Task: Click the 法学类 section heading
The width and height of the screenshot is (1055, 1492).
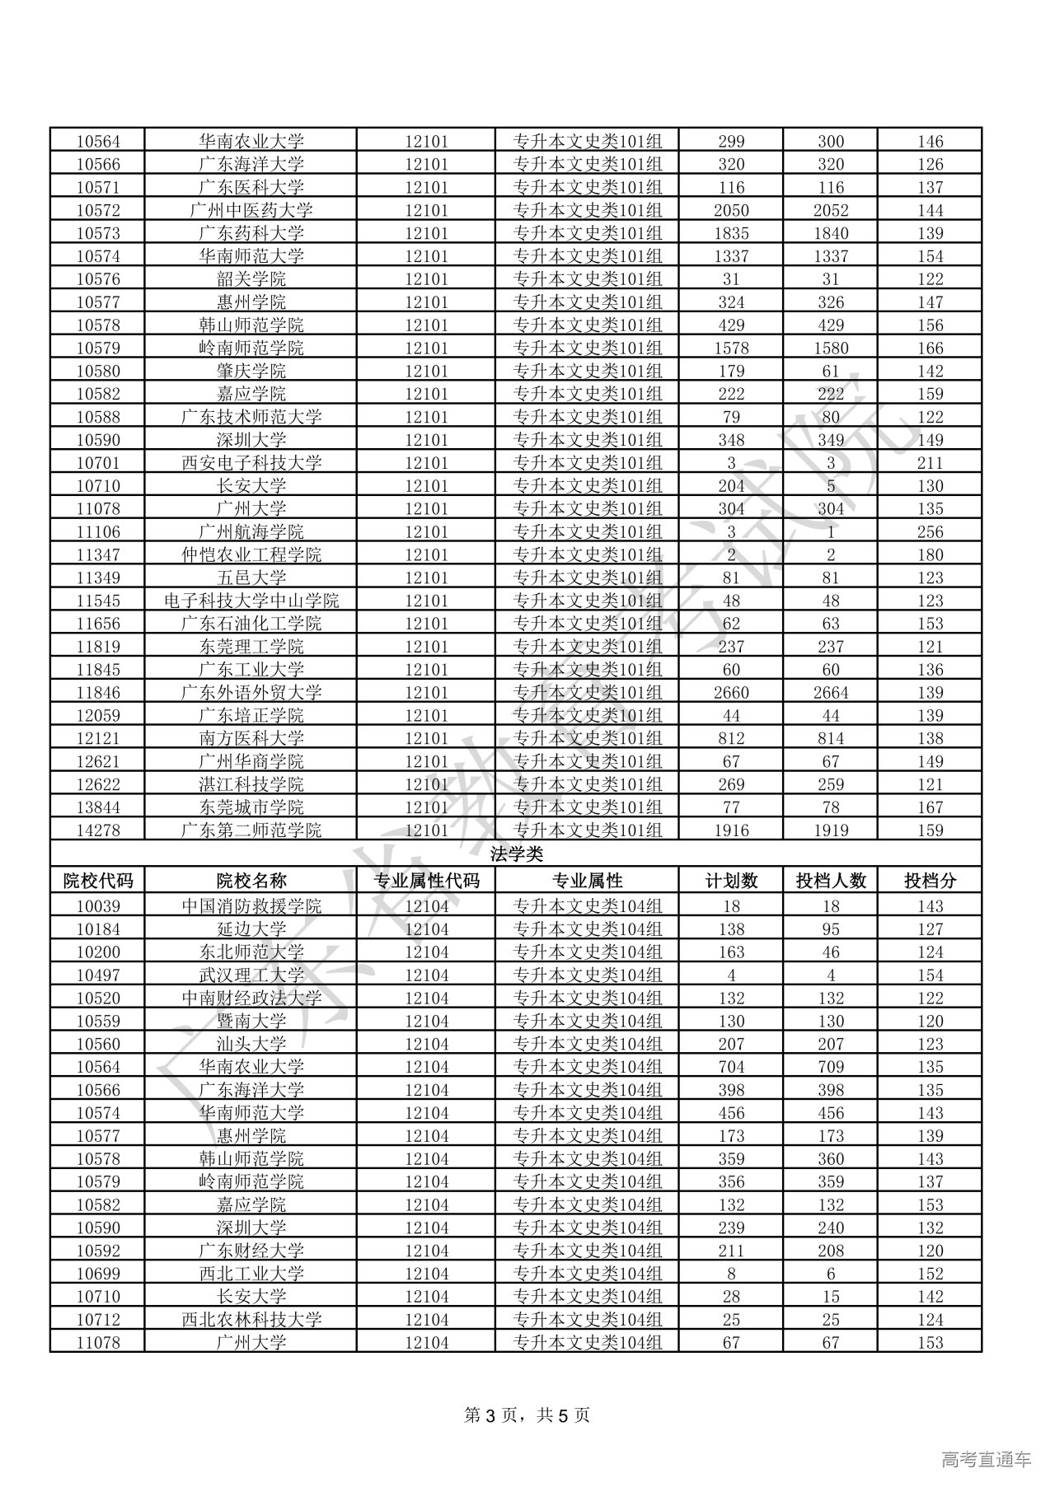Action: [x=516, y=854]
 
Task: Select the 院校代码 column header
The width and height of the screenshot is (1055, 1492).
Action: [x=97, y=881]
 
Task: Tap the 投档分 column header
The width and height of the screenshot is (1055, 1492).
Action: [x=930, y=881]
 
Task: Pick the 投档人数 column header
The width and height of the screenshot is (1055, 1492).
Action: [x=830, y=881]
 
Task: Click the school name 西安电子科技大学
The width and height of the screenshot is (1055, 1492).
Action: [x=251, y=463]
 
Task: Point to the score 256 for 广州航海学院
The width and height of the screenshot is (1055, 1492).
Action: [x=930, y=532]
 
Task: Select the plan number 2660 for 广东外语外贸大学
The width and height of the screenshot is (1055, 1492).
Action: [x=731, y=693]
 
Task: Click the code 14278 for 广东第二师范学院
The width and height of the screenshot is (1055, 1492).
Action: [x=97, y=830]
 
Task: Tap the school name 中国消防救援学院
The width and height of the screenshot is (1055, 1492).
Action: [x=251, y=906]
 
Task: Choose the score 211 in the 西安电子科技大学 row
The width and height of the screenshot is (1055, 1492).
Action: [x=930, y=463]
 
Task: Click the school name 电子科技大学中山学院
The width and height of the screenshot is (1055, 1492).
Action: [x=251, y=601]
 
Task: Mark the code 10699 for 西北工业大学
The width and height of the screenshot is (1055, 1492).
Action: [x=97, y=1274]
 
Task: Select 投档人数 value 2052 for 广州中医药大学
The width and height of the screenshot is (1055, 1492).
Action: [x=830, y=210]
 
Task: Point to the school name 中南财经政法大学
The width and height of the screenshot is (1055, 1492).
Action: [x=251, y=999]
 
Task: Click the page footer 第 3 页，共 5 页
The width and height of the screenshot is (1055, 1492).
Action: [x=527, y=1415]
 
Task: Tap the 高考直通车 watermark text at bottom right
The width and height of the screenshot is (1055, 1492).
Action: [x=986, y=1460]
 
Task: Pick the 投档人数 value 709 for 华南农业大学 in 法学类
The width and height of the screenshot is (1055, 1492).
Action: [x=830, y=1067]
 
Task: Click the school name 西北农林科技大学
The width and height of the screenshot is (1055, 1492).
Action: [x=251, y=1320]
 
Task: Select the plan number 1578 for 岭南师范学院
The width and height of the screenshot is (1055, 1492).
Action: [x=731, y=348]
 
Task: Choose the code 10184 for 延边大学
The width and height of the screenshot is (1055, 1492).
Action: [x=97, y=929]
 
